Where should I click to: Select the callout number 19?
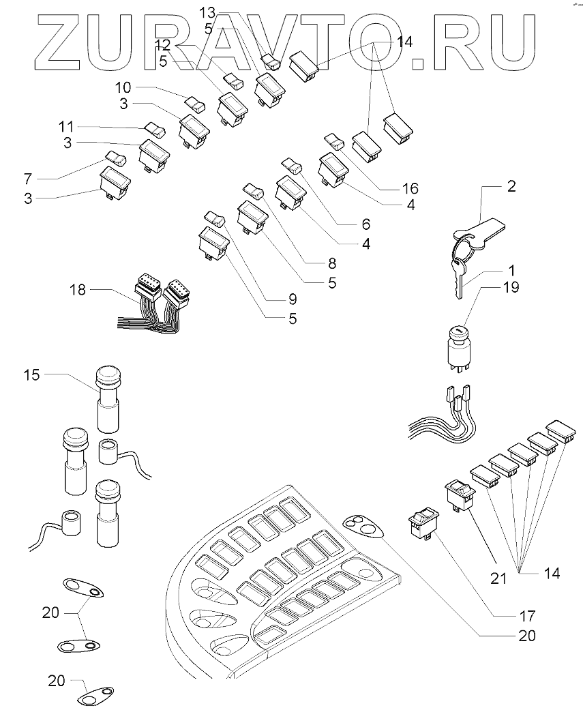[x=511, y=288]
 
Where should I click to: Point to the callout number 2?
[x=511, y=186]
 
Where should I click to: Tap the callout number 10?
[x=123, y=88]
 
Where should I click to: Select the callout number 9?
[x=293, y=298]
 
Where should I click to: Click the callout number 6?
[x=366, y=224]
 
